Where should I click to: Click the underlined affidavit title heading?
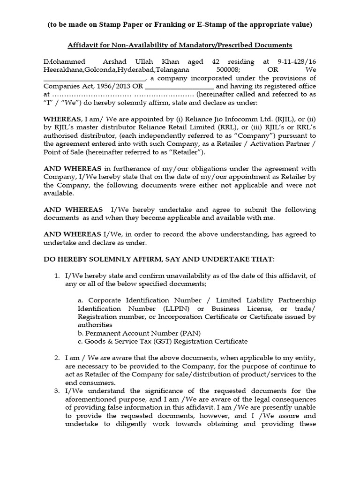coord(180,45)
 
